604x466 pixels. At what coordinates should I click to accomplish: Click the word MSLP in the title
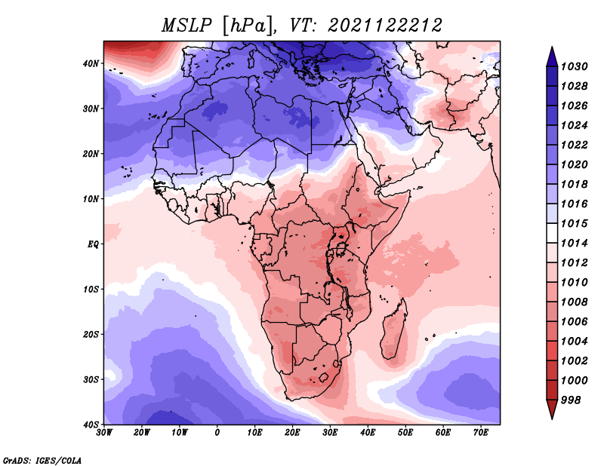[186, 26]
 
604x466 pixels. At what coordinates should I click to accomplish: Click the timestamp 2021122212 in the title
[385, 26]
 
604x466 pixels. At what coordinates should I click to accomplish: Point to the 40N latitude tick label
[91, 63]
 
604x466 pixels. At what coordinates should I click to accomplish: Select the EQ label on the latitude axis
[93, 244]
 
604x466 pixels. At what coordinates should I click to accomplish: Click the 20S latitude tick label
[91, 334]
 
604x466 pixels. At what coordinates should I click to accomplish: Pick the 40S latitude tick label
[91, 425]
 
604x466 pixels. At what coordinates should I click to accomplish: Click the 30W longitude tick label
[104, 433]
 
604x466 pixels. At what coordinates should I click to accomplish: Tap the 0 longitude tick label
[217, 433]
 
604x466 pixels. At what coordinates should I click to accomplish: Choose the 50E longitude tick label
[405, 433]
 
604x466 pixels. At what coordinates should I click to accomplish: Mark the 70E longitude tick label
[481, 433]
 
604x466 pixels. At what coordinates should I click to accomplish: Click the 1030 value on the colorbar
[575, 67]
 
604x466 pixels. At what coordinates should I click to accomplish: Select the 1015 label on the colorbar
[575, 223]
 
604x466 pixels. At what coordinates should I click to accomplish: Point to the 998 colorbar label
[571, 400]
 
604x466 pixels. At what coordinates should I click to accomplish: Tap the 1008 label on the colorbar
[575, 302]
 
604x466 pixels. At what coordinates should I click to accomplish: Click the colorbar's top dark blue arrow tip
[552, 48]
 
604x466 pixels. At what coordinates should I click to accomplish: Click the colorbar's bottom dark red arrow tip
[552, 418]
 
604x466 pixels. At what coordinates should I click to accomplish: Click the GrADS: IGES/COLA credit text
[42, 460]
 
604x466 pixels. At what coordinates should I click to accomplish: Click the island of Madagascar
[394, 332]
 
